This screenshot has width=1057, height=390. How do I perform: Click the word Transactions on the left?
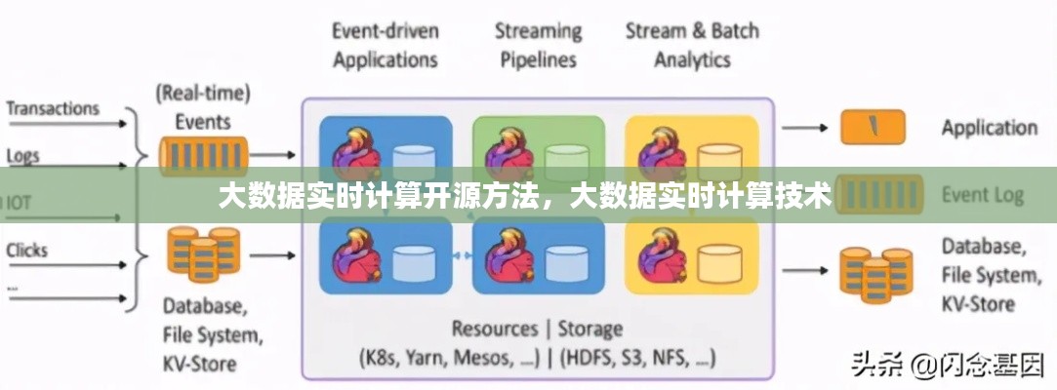54,108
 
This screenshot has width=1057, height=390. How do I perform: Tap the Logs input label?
23,156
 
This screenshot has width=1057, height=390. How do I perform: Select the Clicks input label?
27,250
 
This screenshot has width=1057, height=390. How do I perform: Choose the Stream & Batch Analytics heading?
691,45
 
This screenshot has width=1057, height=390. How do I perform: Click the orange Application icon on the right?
873,127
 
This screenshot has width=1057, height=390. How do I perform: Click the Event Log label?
982,195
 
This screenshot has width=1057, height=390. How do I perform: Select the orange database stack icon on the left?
202,252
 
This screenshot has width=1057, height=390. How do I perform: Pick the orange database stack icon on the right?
875,268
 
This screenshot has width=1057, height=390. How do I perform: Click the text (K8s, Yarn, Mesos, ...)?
450,357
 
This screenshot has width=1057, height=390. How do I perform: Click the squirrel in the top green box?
505,151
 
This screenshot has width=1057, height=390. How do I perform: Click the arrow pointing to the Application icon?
805,127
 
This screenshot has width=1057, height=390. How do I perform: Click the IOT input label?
18,203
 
